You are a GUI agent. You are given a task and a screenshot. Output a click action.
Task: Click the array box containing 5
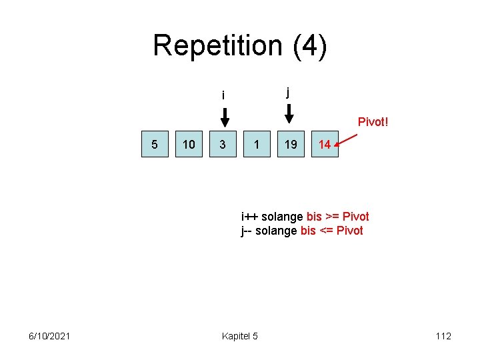pyautogui.click(x=155, y=144)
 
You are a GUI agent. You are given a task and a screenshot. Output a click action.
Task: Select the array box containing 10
pyautogui.click(x=189, y=144)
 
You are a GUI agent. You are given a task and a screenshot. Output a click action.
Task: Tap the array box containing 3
pyautogui.click(x=223, y=144)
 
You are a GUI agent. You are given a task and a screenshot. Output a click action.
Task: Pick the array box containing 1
pyautogui.click(x=257, y=144)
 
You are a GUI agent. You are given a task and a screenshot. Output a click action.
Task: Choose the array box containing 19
pyautogui.click(x=291, y=144)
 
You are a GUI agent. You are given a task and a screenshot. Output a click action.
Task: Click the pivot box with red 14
pyautogui.click(x=325, y=144)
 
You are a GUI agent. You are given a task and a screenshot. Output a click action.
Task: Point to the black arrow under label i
pyautogui.click(x=225, y=117)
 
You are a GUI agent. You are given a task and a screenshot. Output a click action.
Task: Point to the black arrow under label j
pyautogui.click(x=289, y=114)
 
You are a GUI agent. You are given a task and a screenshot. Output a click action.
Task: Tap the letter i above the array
pyautogui.click(x=223, y=95)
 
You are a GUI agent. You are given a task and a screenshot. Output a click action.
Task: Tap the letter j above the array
pyautogui.click(x=288, y=92)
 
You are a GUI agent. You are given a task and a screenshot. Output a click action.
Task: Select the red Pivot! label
pyautogui.click(x=373, y=122)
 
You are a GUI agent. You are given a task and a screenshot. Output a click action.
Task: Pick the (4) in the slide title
pyautogui.click(x=307, y=46)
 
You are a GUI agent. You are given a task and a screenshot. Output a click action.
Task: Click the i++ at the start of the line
pyautogui.click(x=250, y=216)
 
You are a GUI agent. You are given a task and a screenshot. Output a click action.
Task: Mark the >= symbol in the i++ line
pyautogui.click(x=333, y=216)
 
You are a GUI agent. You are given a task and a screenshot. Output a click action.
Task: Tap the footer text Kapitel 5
pyautogui.click(x=240, y=336)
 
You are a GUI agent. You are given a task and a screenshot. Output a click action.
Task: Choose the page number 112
pyautogui.click(x=443, y=336)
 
